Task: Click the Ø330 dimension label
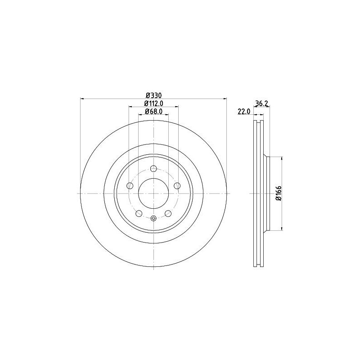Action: pyautogui.click(x=154, y=95)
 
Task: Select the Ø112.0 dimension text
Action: pyautogui.click(x=153, y=103)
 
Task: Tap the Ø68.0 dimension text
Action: pyautogui.click(x=153, y=112)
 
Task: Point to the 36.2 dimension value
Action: pyautogui.click(x=262, y=103)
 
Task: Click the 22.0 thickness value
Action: pyautogui.click(x=243, y=112)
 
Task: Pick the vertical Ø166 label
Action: pyautogui.click(x=279, y=193)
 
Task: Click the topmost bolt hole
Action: pyautogui.click(x=153, y=169)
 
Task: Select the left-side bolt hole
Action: pyautogui.click(x=130, y=185)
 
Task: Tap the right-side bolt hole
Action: pyautogui.click(x=177, y=185)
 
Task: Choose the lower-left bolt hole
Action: pyautogui.click(x=139, y=213)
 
